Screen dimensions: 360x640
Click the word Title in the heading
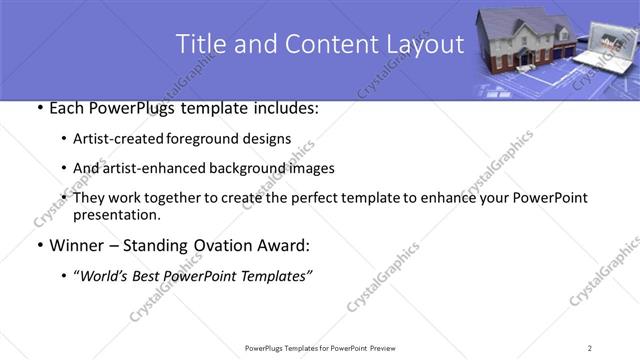click(x=200, y=44)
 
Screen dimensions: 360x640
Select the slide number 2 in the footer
click(x=590, y=347)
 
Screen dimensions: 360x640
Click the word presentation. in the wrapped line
click(x=116, y=214)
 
